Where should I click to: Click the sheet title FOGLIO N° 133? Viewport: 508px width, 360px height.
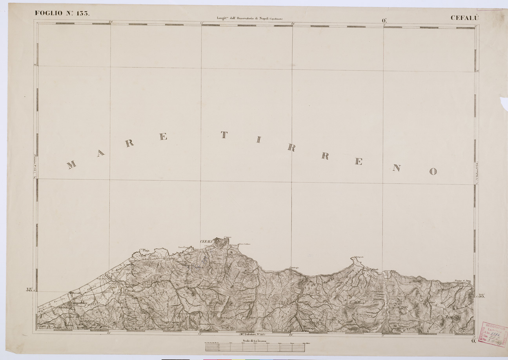point(63,13)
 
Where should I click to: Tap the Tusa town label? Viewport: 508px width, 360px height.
point(449,317)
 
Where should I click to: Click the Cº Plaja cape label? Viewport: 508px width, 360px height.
point(145,249)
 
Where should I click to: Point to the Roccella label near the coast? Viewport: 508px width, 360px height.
point(75,293)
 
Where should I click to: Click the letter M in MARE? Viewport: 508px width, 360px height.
point(71,164)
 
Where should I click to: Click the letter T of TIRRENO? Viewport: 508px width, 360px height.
point(224,135)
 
